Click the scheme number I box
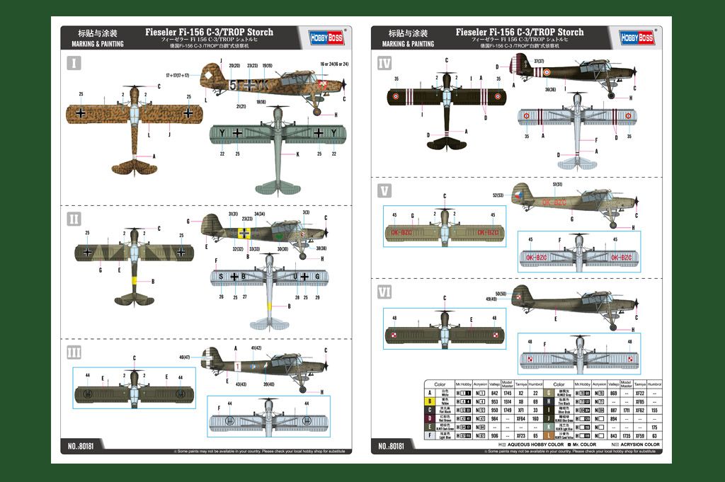tap(74, 64)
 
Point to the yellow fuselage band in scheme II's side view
tap(244, 233)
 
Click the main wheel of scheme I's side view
tap(317, 111)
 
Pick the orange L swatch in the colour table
tap(548, 436)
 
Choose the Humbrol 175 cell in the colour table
tap(654, 427)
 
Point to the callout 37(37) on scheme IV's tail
tap(540, 61)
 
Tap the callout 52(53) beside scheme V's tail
tap(498, 195)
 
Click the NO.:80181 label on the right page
tap(392, 447)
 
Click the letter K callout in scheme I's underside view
tap(297, 154)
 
